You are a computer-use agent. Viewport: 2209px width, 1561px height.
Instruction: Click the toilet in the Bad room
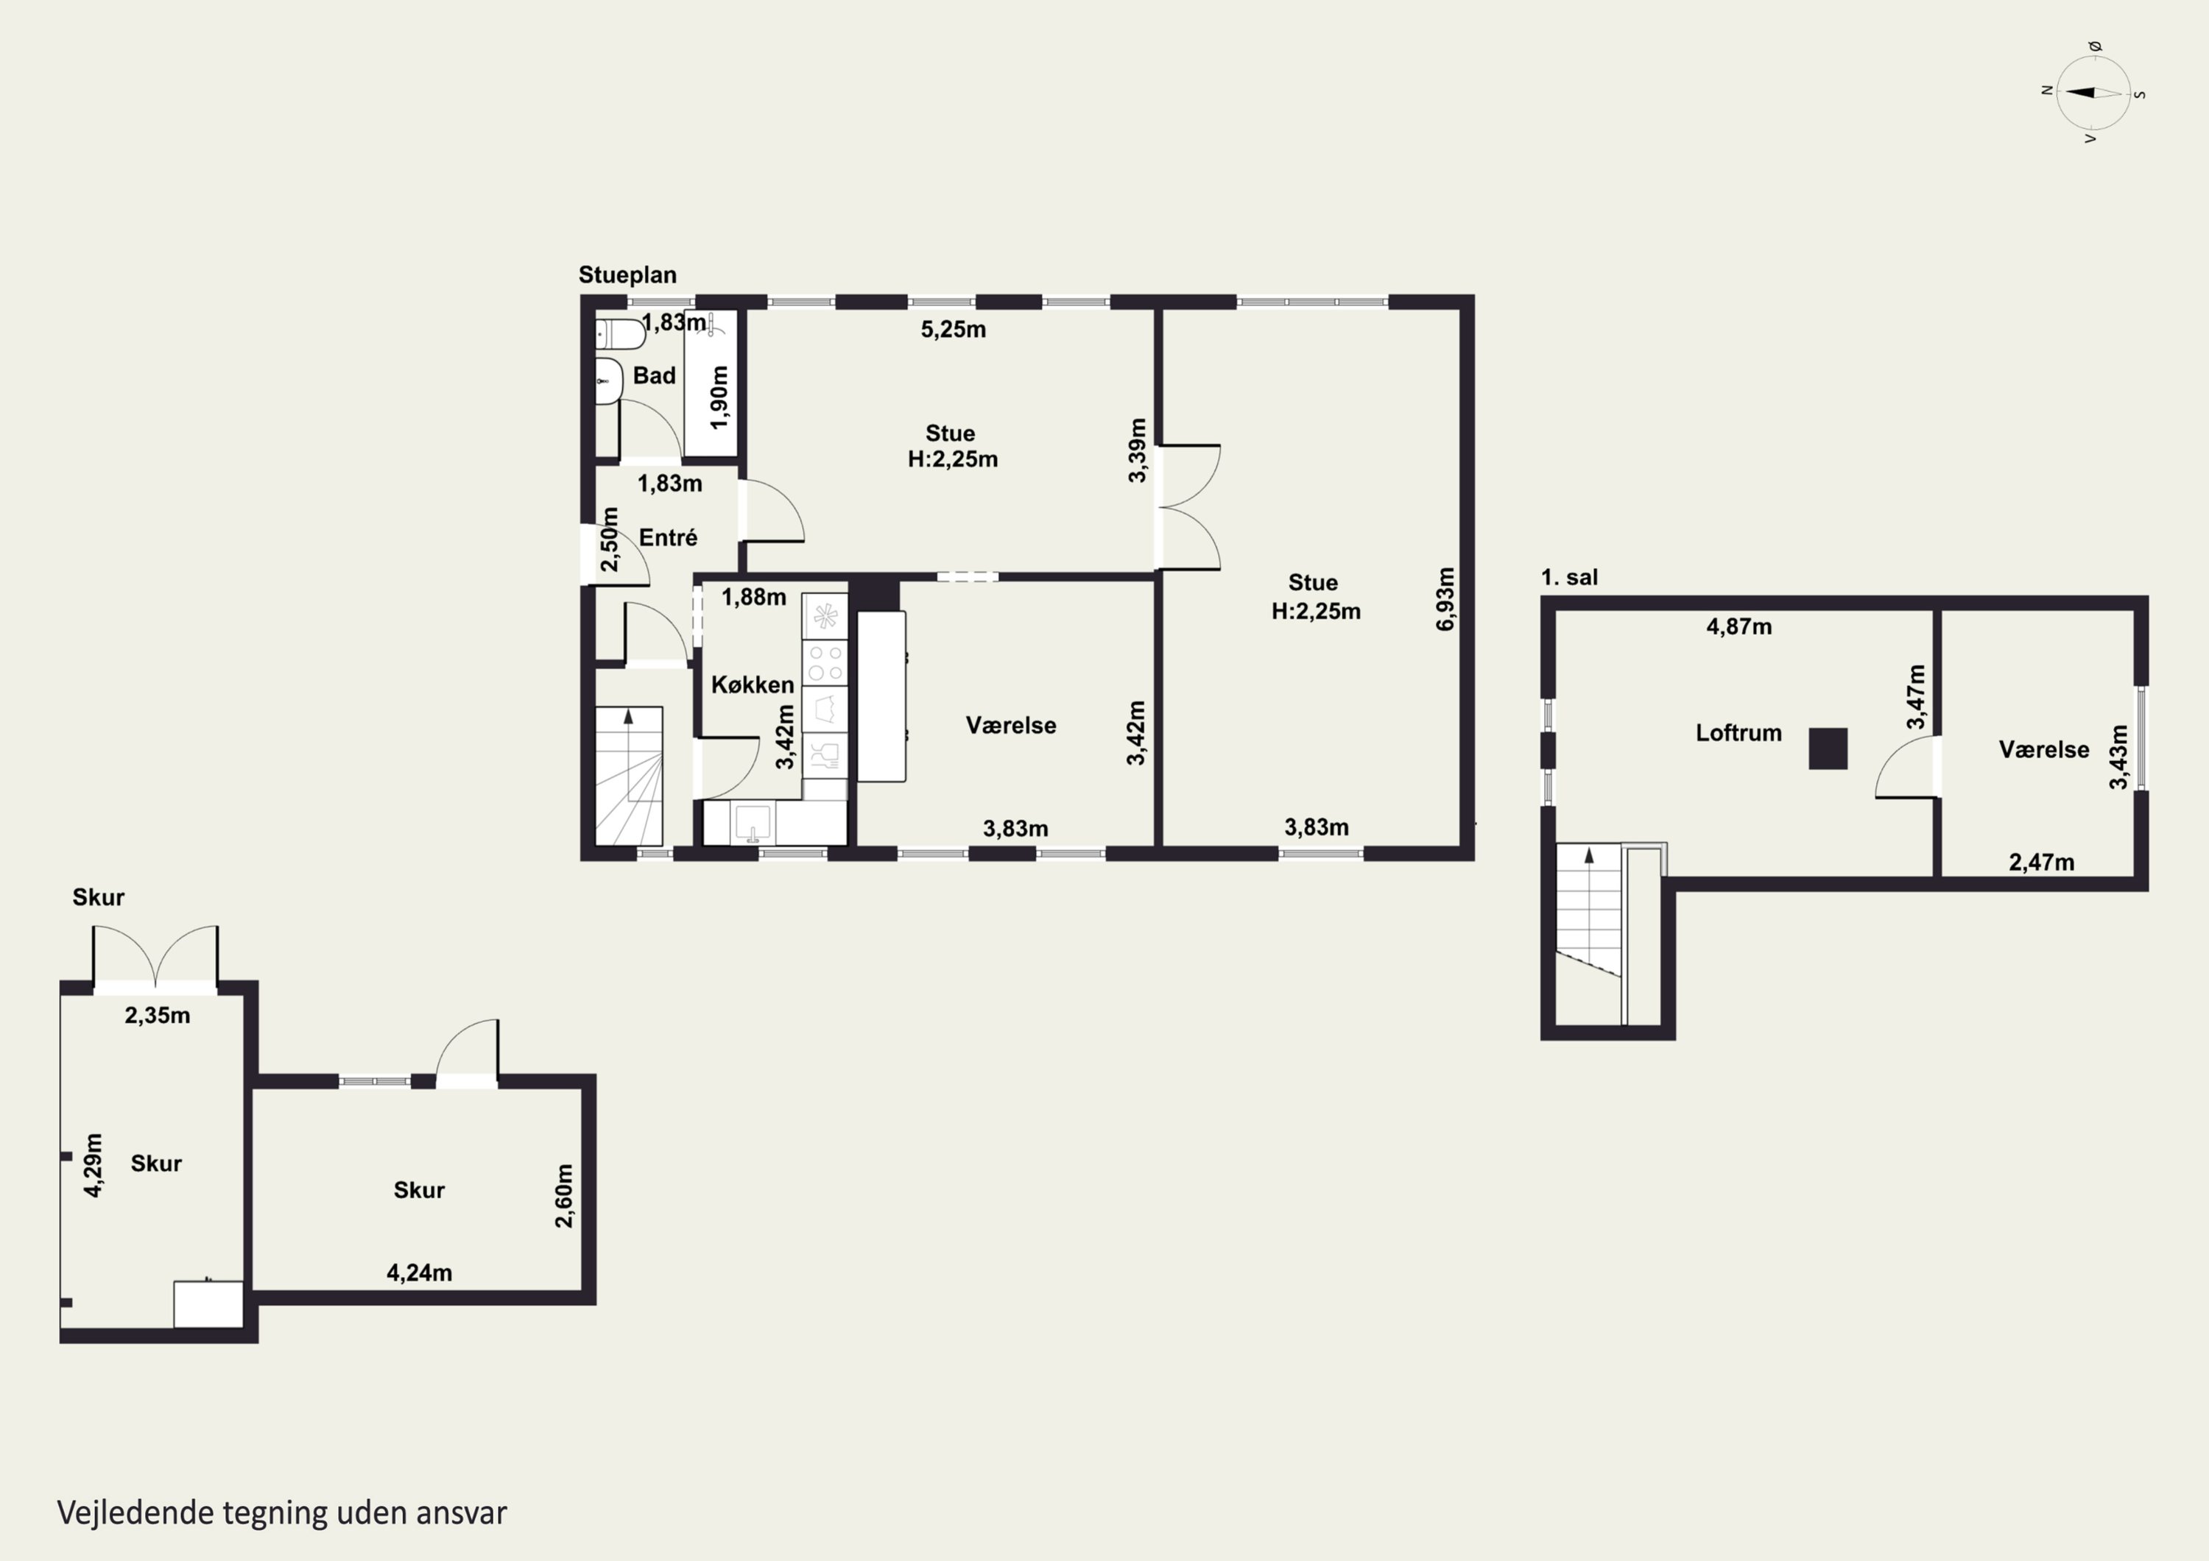621,335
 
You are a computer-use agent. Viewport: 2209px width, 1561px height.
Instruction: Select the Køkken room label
753,684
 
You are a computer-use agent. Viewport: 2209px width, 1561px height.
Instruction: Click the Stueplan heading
627,275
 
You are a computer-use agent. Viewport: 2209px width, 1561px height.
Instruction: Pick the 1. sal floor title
1569,577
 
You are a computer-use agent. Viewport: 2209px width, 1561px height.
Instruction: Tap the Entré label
668,538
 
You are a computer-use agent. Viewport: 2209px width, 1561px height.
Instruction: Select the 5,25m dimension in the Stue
953,330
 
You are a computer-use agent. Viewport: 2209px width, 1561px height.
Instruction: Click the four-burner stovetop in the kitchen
825,662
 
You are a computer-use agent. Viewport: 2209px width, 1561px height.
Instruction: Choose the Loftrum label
1738,733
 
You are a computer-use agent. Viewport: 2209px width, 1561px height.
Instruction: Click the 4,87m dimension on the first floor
1738,627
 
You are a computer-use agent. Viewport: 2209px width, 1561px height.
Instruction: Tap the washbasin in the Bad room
608,381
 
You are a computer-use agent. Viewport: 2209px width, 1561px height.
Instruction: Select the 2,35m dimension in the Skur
157,1016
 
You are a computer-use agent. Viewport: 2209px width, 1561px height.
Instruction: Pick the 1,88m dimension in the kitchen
753,598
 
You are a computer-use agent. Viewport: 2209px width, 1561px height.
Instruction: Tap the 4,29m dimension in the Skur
94,1165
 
